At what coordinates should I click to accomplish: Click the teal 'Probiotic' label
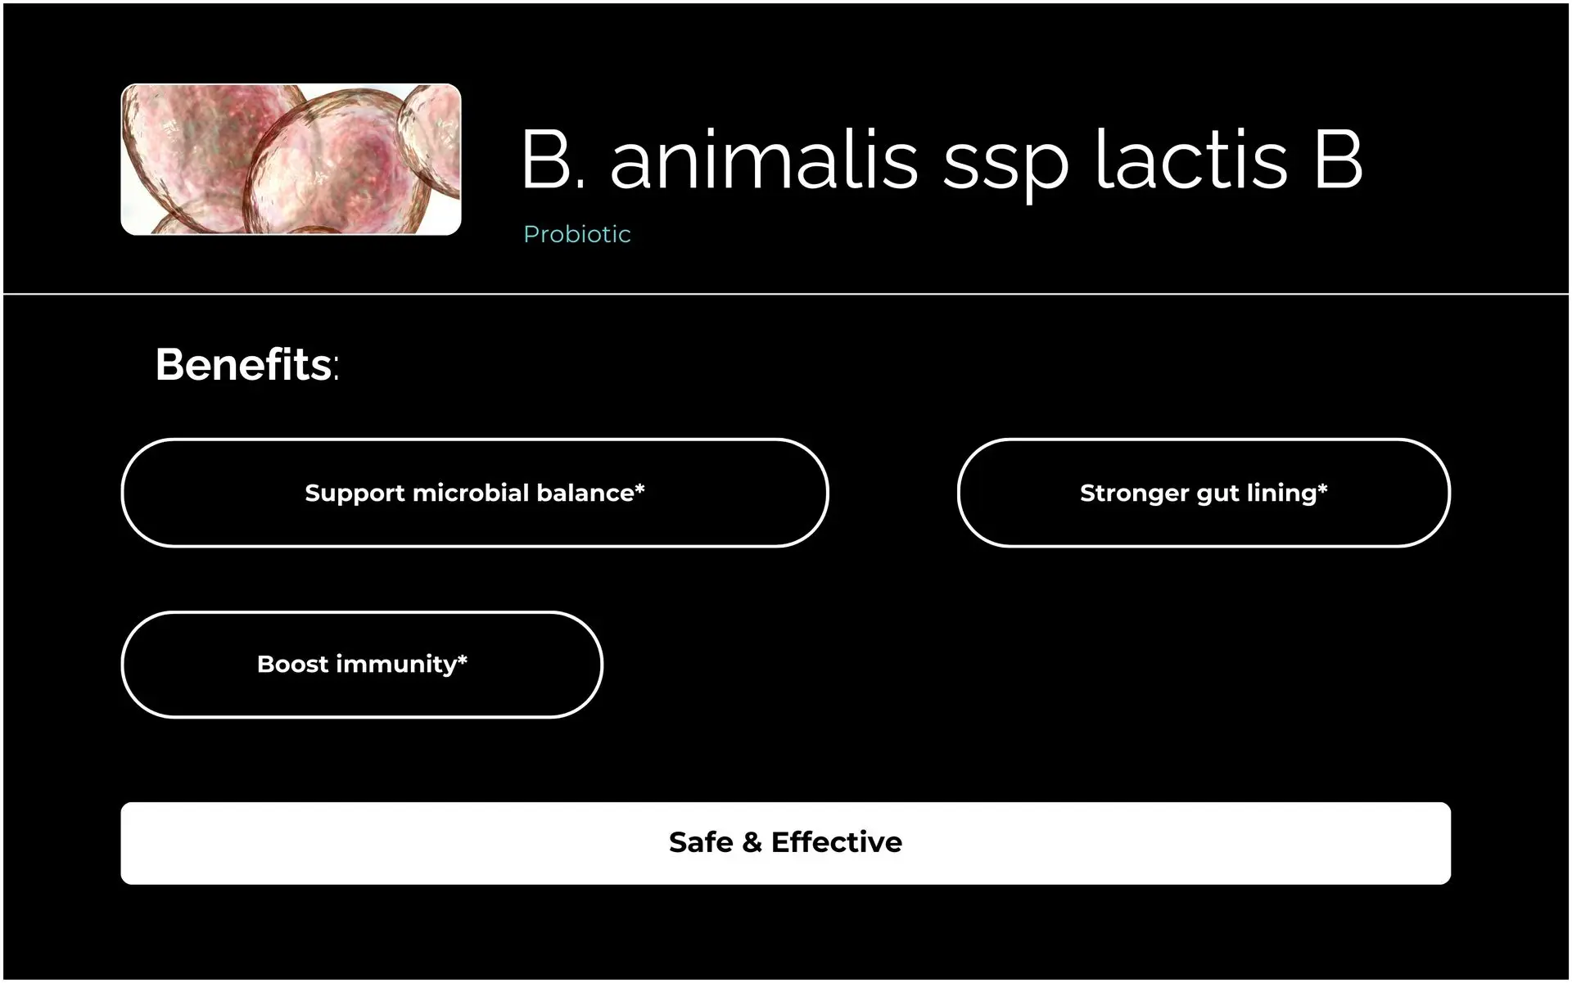tap(577, 234)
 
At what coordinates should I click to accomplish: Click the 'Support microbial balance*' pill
tap(475, 493)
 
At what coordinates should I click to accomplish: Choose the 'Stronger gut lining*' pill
tap(1204, 493)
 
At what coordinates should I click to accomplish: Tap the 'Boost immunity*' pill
tap(362, 664)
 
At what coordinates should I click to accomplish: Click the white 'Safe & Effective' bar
tap(786, 843)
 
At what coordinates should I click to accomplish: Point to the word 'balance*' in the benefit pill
tap(590, 493)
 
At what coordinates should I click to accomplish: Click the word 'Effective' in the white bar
tap(837, 842)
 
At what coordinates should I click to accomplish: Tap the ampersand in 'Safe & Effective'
tap(752, 842)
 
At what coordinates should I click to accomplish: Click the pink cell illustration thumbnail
tap(291, 160)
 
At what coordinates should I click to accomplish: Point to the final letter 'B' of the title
tap(1339, 159)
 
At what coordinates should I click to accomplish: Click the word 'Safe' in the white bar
tap(701, 842)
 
